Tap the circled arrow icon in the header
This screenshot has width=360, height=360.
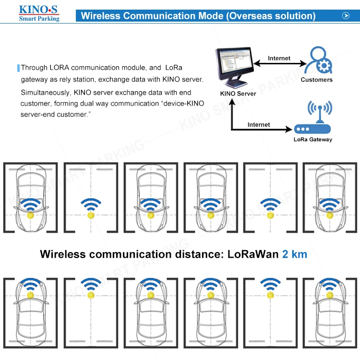click(x=345, y=16)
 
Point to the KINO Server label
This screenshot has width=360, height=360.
click(x=238, y=94)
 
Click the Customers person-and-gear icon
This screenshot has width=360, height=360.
click(x=317, y=60)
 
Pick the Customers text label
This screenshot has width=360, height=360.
click(x=317, y=80)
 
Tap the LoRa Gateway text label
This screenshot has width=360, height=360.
click(x=312, y=140)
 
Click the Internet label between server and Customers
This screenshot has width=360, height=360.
click(x=279, y=58)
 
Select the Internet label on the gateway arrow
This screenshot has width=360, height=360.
click(x=259, y=124)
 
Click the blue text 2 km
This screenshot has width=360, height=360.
click(x=295, y=254)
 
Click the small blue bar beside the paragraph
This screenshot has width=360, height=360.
click(x=18, y=68)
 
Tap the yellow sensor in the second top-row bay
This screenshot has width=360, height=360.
click(x=91, y=216)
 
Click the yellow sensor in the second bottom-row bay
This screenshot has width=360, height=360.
click(x=91, y=294)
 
